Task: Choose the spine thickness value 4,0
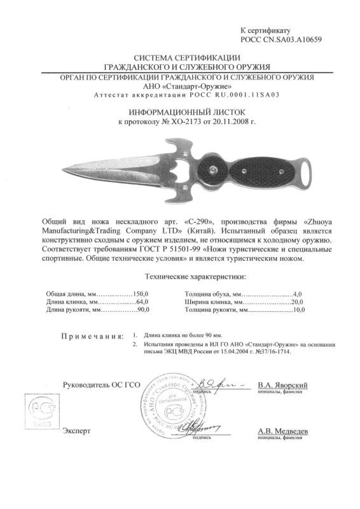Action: click(300, 292)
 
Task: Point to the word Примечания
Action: click(92, 335)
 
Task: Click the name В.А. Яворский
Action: click(283, 386)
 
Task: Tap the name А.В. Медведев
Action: click(283, 431)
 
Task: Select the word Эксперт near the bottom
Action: click(77, 431)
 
